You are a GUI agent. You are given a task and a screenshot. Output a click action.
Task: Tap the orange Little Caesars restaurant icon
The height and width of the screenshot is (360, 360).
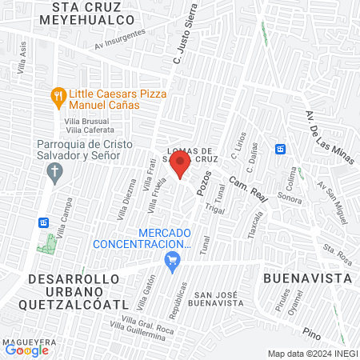pos(58,98)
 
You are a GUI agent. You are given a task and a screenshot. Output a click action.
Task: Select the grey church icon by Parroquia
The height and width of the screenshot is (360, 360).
pos(54,171)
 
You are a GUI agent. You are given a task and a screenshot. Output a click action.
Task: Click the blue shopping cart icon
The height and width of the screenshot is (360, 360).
pos(171,259)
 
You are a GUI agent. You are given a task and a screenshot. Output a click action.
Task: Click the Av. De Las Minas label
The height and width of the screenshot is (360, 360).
pos(318,126)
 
